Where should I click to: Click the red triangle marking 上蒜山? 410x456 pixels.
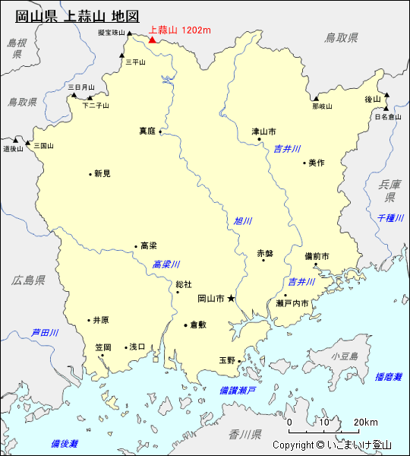(x=153, y=39)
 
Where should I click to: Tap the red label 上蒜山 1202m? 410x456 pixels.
(x=180, y=30)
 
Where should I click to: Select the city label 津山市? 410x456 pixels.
(x=265, y=131)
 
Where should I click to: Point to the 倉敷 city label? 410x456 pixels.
(x=198, y=325)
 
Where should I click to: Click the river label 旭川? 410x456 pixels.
(x=242, y=221)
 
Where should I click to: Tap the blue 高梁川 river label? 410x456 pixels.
(x=166, y=264)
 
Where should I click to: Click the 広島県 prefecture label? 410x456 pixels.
(x=28, y=280)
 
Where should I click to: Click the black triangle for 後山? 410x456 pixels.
(x=386, y=96)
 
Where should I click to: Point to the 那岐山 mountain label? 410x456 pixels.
(x=322, y=106)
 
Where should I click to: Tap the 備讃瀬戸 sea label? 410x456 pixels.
(x=237, y=390)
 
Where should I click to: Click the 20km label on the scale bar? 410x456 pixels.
(x=365, y=423)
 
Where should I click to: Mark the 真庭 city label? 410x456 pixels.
(x=147, y=131)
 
